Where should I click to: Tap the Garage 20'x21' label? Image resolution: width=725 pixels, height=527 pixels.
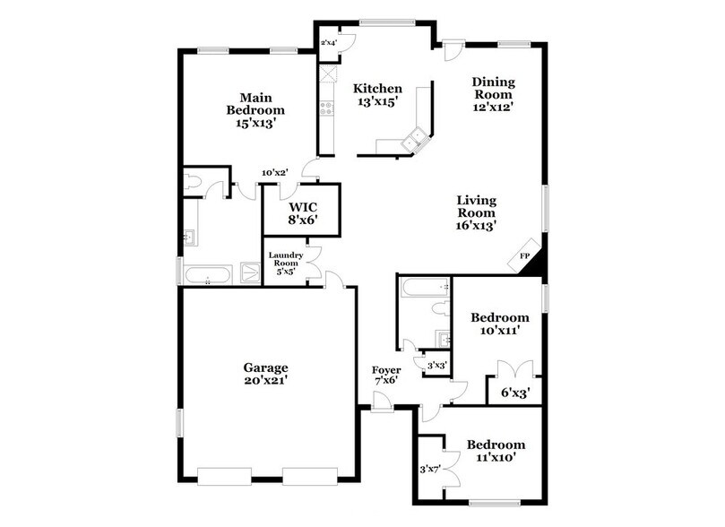pyautogui.click(x=265, y=373)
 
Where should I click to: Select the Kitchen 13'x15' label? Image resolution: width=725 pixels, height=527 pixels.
pyautogui.click(x=377, y=95)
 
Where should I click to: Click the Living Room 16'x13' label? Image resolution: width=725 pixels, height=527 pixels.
pyautogui.click(x=476, y=212)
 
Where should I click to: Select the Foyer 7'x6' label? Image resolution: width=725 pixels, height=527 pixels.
pyautogui.click(x=386, y=375)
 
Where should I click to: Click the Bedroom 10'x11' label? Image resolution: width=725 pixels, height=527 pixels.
pyautogui.click(x=500, y=324)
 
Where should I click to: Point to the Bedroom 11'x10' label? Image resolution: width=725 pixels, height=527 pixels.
pyautogui.click(x=496, y=451)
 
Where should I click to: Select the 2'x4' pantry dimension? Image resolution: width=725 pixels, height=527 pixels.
pyautogui.click(x=328, y=42)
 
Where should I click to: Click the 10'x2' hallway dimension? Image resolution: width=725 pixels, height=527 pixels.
pyautogui.click(x=274, y=173)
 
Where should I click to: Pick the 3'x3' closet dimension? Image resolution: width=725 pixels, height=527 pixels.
pyautogui.click(x=437, y=365)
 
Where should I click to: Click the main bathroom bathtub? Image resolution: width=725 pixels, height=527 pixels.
pyautogui.click(x=208, y=274)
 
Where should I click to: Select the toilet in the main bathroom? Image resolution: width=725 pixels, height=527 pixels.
pyautogui.click(x=194, y=183)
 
